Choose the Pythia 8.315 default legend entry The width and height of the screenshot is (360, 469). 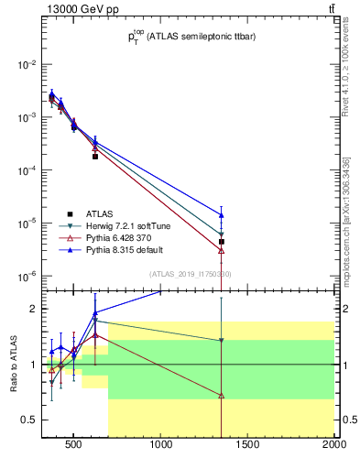[x=124, y=249]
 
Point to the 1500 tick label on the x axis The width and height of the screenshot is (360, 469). [x=248, y=446]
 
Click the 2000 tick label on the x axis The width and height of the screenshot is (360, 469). [x=333, y=446]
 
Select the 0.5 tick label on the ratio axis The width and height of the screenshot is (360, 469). [x=28, y=420]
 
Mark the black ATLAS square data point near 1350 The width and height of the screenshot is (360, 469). [x=222, y=242]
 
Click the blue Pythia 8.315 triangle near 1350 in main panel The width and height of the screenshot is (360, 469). [x=222, y=215]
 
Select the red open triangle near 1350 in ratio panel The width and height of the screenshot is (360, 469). [x=222, y=396]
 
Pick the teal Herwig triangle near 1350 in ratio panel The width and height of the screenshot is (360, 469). [x=222, y=341]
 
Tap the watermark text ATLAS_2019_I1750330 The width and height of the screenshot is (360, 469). [x=191, y=274]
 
